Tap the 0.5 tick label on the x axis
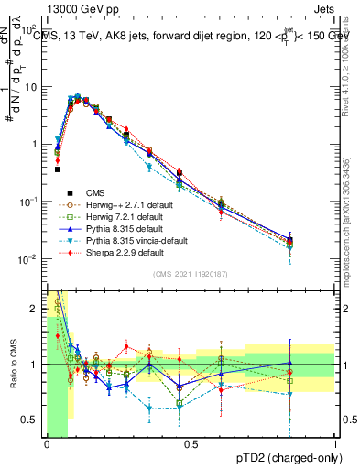[191, 446]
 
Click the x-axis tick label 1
[335, 446]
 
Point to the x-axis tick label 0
[47, 446]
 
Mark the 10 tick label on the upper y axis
[31, 87]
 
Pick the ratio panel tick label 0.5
[32, 420]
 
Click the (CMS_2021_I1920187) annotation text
[191, 274]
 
